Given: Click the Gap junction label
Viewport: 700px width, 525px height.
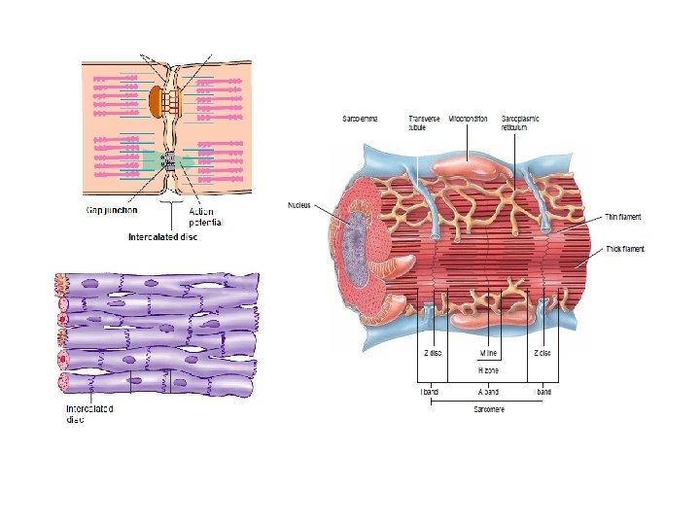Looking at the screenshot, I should point(111,208).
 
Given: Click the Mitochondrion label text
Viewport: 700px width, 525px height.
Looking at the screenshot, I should point(469,119).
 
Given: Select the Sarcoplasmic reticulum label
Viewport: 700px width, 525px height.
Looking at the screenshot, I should point(520,122).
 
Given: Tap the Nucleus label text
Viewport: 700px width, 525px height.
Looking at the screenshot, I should point(300,205).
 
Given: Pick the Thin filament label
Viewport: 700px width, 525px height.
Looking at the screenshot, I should point(623,217).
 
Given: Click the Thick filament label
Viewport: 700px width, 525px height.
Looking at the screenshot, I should point(624,249).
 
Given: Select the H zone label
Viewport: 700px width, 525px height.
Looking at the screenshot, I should point(488,370).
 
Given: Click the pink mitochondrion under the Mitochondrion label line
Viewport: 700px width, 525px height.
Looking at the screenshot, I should point(467,165).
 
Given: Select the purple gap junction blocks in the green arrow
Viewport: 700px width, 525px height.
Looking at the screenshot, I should point(169,161).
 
